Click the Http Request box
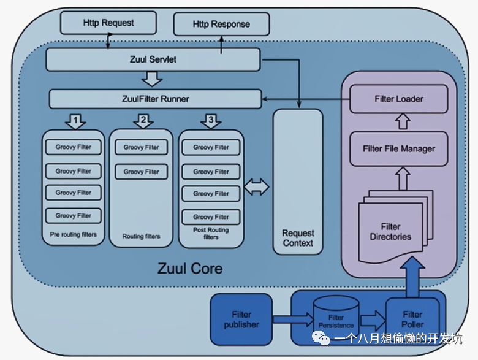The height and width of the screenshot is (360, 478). tap(108, 23)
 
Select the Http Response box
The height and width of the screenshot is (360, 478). tap(221, 24)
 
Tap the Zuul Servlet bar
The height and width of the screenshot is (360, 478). tap(153, 59)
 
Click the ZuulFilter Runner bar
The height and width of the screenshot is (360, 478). tap(156, 99)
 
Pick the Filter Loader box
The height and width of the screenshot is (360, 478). tap(399, 99)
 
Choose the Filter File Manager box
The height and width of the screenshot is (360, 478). tap(399, 149)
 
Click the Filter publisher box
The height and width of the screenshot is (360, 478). tap(241, 319)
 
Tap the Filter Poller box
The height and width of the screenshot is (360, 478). tap(412, 319)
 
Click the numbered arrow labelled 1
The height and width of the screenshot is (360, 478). tap(75, 121)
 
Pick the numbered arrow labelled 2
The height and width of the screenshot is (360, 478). tap(143, 121)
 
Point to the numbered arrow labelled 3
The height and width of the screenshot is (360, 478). tap(211, 121)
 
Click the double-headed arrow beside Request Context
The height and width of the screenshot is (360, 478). tap(257, 187)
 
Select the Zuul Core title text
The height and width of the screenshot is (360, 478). tap(190, 269)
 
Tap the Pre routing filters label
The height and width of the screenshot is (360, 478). tap(73, 234)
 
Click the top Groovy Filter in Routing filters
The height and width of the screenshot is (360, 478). tap(141, 147)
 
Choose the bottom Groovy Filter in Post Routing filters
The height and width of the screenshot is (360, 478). tap(211, 217)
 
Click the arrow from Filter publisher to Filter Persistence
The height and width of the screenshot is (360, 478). tap(293, 320)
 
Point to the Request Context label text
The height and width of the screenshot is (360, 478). tap(298, 238)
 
